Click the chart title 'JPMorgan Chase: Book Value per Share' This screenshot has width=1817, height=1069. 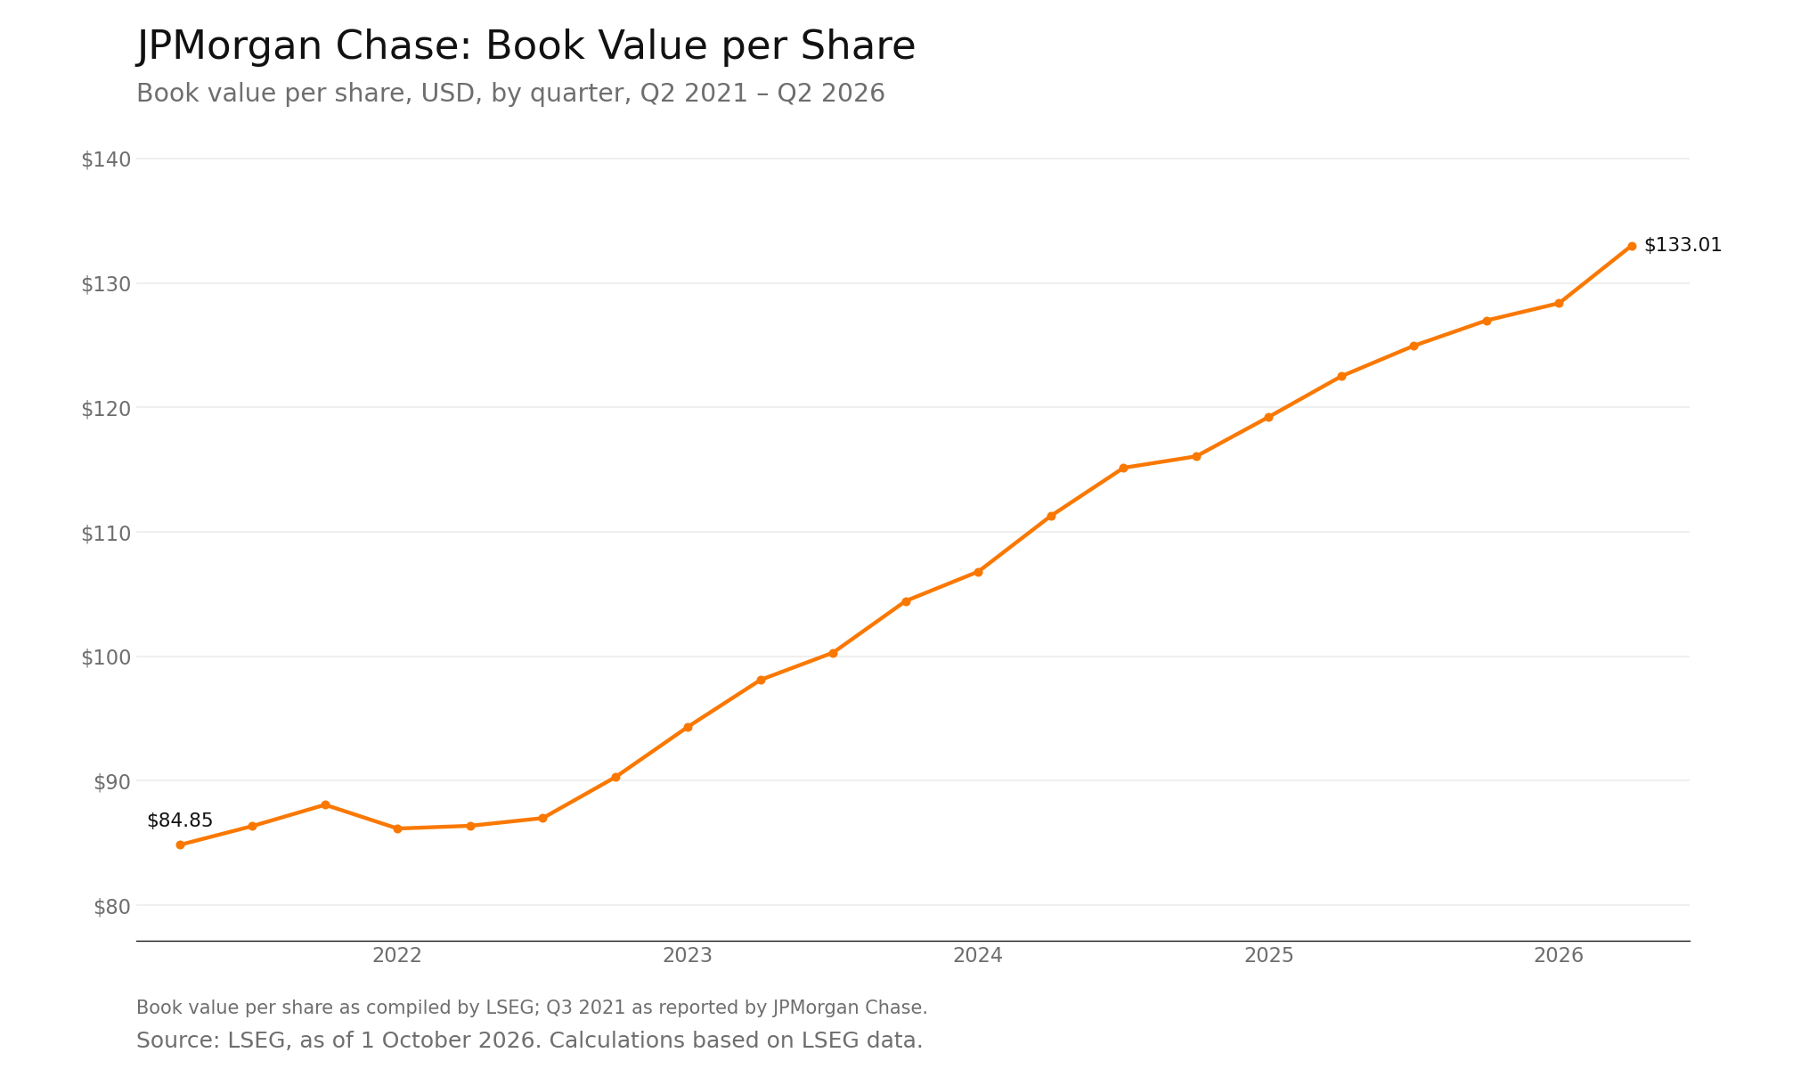(x=526, y=46)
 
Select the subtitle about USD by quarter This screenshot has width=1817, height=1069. (x=510, y=94)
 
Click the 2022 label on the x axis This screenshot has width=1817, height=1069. (x=397, y=956)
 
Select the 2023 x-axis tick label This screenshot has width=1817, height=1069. (x=688, y=956)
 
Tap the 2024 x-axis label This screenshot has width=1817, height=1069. (x=978, y=956)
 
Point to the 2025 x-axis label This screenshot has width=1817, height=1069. (x=1268, y=956)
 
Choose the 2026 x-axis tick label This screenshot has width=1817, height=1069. (x=1559, y=956)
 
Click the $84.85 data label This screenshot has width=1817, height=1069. (x=180, y=820)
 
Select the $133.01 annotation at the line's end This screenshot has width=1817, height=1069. (x=1683, y=245)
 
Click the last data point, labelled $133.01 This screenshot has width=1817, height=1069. (x=1632, y=246)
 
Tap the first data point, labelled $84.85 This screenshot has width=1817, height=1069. (x=180, y=845)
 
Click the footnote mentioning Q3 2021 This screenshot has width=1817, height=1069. (x=532, y=1008)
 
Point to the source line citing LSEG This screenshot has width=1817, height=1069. (x=529, y=1040)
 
